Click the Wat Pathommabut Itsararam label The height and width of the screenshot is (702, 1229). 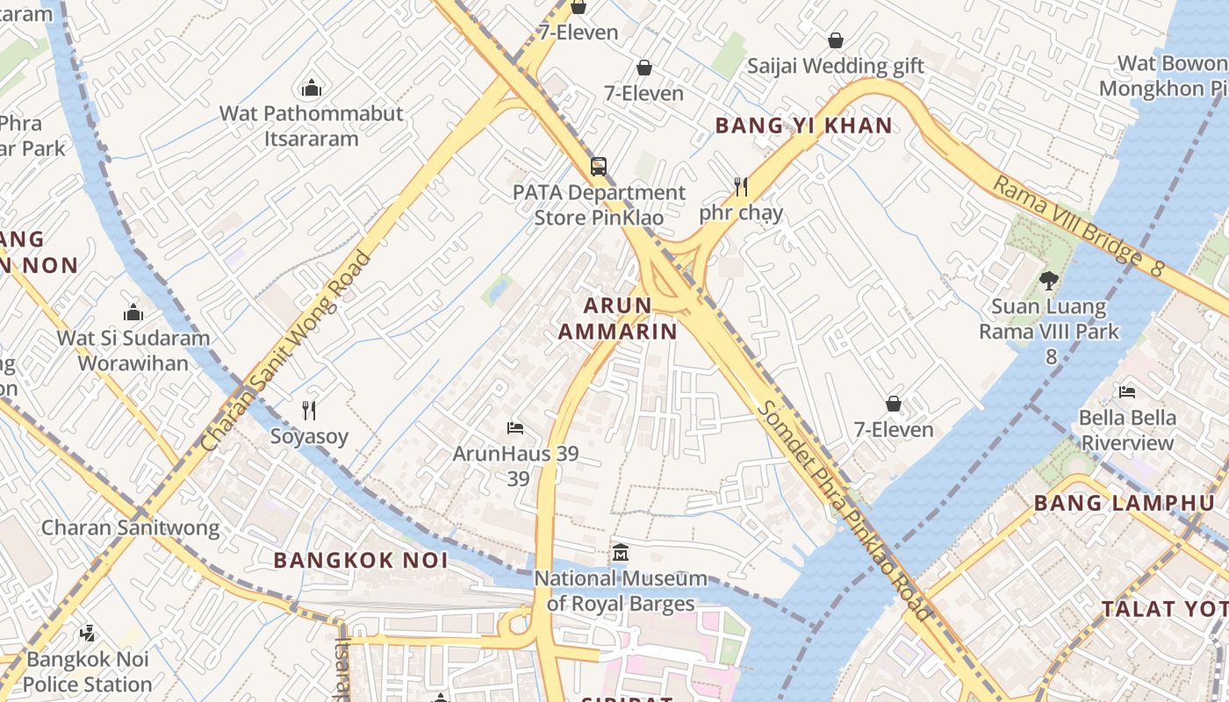(311, 125)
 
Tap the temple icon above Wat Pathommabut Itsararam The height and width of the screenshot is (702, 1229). (311, 88)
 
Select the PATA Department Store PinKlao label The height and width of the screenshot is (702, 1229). (599, 204)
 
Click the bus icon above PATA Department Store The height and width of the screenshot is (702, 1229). (599, 166)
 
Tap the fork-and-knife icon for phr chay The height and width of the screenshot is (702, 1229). (741, 186)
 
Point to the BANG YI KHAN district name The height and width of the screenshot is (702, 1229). (803, 125)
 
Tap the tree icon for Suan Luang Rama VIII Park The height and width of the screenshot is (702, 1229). (1048, 281)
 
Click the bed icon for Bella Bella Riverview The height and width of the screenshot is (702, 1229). (1127, 391)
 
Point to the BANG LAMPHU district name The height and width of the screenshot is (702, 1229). (1124, 503)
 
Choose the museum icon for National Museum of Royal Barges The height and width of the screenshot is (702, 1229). (621, 553)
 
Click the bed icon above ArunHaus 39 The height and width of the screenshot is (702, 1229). (515, 427)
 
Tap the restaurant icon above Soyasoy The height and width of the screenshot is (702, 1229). (309, 410)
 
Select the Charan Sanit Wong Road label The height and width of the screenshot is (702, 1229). (287, 351)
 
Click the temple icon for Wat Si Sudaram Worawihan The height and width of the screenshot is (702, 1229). (133, 312)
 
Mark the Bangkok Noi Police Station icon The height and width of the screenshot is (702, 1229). (87, 633)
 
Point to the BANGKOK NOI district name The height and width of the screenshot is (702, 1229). (360, 560)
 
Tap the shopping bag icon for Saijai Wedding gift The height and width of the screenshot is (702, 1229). (836, 40)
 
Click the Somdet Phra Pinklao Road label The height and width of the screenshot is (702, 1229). (844, 511)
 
